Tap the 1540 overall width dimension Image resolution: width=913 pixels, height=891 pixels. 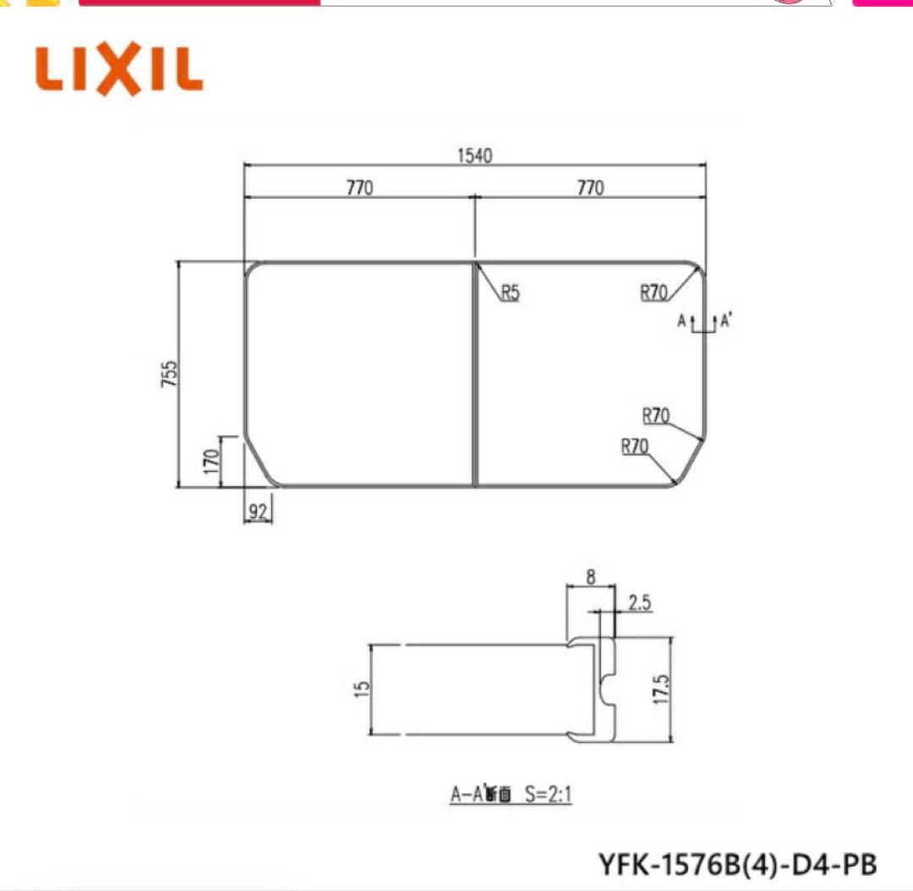coord(474,156)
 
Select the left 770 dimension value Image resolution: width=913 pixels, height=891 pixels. coord(358,188)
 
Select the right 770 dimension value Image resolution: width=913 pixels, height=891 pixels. coord(590,188)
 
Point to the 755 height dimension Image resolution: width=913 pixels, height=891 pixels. coord(170,374)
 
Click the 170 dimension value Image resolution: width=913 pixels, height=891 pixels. coord(211,461)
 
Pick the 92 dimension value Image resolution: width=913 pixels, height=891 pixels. coord(258,511)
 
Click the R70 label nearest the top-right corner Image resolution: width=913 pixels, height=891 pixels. coord(653,293)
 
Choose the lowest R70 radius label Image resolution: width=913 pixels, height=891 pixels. coord(635,446)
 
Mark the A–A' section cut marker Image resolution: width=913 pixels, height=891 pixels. coord(703,322)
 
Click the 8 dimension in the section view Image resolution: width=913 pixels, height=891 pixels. coord(589,578)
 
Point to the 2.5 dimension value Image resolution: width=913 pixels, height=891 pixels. coord(639,602)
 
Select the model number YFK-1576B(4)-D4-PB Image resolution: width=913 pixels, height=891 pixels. coord(737,863)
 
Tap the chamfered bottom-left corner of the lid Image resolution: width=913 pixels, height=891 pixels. coord(258,463)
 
